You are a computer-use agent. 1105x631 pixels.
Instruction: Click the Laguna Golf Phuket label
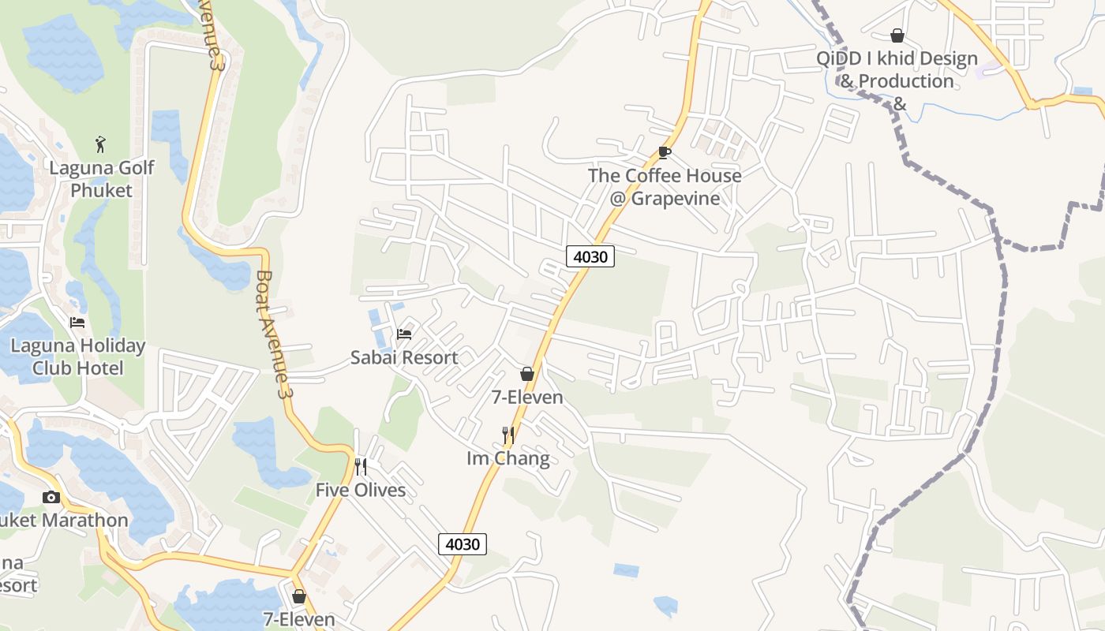point(102,179)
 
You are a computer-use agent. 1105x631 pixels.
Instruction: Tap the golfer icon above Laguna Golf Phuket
point(100,144)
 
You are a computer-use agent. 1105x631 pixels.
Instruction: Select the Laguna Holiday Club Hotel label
point(78,357)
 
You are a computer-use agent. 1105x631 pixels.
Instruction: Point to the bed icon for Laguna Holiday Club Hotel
point(77,322)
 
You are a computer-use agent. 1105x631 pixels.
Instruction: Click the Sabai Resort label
point(404,357)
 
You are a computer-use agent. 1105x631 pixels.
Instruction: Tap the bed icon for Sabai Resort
point(404,334)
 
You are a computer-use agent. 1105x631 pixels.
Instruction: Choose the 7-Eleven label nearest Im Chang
point(527,398)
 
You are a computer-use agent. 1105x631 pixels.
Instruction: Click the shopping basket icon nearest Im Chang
point(526,374)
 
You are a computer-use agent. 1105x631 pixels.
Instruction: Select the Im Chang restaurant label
point(508,458)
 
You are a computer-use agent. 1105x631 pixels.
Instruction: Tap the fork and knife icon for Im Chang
point(508,435)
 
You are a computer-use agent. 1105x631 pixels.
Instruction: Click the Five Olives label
point(361,490)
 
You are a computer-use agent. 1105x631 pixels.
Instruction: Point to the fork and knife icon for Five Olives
point(361,467)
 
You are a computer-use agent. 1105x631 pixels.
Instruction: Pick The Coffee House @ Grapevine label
point(665,187)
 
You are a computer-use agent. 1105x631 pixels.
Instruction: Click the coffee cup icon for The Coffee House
point(665,152)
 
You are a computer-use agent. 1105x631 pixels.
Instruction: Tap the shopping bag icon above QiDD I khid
point(897,35)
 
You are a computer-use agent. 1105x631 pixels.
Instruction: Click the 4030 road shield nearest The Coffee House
point(590,256)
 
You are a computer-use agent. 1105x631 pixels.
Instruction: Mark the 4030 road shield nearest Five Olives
point(463,543)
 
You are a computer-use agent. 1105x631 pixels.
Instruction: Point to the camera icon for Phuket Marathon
point(51,497)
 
